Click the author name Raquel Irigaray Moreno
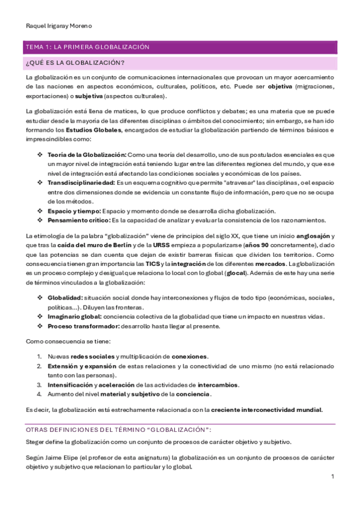pos(59,26)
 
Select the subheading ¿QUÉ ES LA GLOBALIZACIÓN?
pos(75,63)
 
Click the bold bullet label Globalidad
pos(65,298)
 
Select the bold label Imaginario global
pos(74,316)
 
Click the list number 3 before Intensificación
pos(38,385)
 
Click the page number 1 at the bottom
pos(332,476)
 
